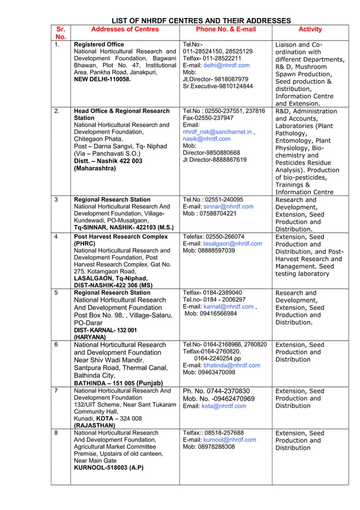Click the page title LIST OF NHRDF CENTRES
pyautogui.click(x=201, y=21)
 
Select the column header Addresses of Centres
pyautogui.click(x=125, y=29)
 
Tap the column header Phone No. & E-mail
pyautogui.click(x=225, y=29)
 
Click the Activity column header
pyautogui.click(x=310, y=29)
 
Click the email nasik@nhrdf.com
pyautogui.click(x=207, y=139)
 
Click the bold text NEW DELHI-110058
pyautogui.click(x=102, y=80)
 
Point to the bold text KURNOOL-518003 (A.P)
pyautogui.click(x=108, y=468)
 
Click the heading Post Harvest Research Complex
pyautogui.click(x=121, y=237)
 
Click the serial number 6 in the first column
pyautogui.click(x=56, y=345)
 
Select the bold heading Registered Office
pyautogui.click(x=99, y=44)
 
